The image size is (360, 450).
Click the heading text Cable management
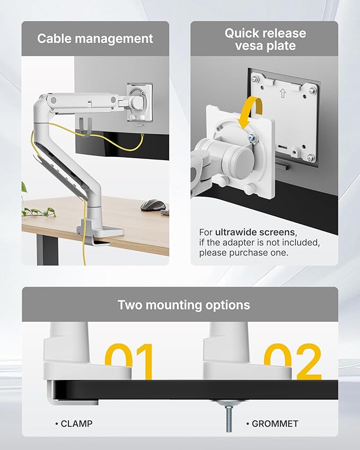pos(95,39)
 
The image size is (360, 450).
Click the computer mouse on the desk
pos(153,204)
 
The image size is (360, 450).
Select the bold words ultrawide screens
pos(256,232)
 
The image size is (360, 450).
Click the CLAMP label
pos(75,423)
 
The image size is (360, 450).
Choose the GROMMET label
pos(275,423)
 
